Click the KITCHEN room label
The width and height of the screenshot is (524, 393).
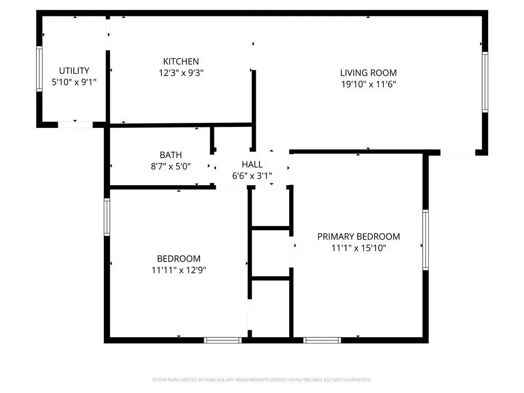[x=181, y=61]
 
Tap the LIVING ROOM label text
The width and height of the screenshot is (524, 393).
[x=368, y=73]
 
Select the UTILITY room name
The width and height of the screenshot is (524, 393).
[x=74, y=71]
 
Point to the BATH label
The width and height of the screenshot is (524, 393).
[x=171, y=155]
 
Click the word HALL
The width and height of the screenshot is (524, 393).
[x=252, y=164]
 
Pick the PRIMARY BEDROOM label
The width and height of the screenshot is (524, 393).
[x=359, y=236]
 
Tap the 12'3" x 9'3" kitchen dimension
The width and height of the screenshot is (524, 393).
[x=181, y=73]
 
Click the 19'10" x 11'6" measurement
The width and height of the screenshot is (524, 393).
[x=368, y=84]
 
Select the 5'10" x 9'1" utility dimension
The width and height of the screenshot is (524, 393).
[x=74, y=82]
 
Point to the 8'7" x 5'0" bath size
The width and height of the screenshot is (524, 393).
[x=171, y=166]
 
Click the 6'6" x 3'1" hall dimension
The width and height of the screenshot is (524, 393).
[x=252, y=176]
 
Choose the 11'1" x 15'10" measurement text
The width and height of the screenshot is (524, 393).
[x=359, y=248]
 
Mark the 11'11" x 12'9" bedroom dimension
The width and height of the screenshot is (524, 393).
[x=179, y=270]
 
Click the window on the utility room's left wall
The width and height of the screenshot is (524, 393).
[x=39, y=69]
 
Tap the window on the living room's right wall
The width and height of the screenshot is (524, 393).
[x=485, y=82]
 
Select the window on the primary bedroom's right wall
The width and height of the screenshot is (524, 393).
[x=425, y=240]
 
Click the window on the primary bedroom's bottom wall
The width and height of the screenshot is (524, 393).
[x=322, y=340]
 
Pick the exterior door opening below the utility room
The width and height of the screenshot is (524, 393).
[x=75, y=125]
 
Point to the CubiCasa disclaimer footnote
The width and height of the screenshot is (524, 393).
[x=262, y=380]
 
